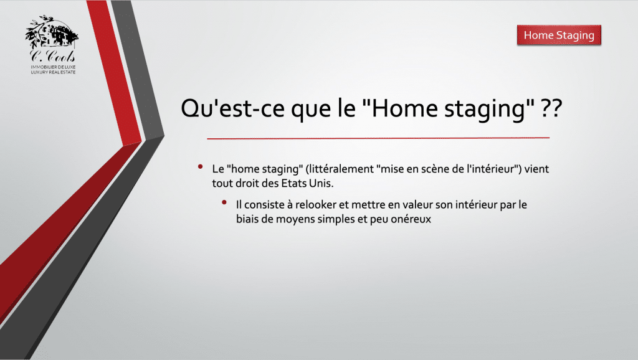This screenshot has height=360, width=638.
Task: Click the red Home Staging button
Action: [559, 36]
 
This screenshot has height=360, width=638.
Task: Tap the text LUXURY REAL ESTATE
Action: [54, 72]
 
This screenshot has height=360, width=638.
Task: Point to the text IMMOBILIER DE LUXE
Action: [54, 67]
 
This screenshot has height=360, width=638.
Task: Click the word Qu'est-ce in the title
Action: [232, 108]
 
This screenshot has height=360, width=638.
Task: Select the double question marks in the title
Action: [551, 108]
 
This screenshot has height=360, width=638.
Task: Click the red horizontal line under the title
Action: [378, 138]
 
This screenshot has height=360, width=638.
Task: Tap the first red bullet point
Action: [200, 166]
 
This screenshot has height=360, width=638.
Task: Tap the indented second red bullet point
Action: [224, 202]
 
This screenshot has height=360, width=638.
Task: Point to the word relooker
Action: [316, 205]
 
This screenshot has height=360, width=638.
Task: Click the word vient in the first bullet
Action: [536, 169]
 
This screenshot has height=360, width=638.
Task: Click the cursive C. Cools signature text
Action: [52, 56]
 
